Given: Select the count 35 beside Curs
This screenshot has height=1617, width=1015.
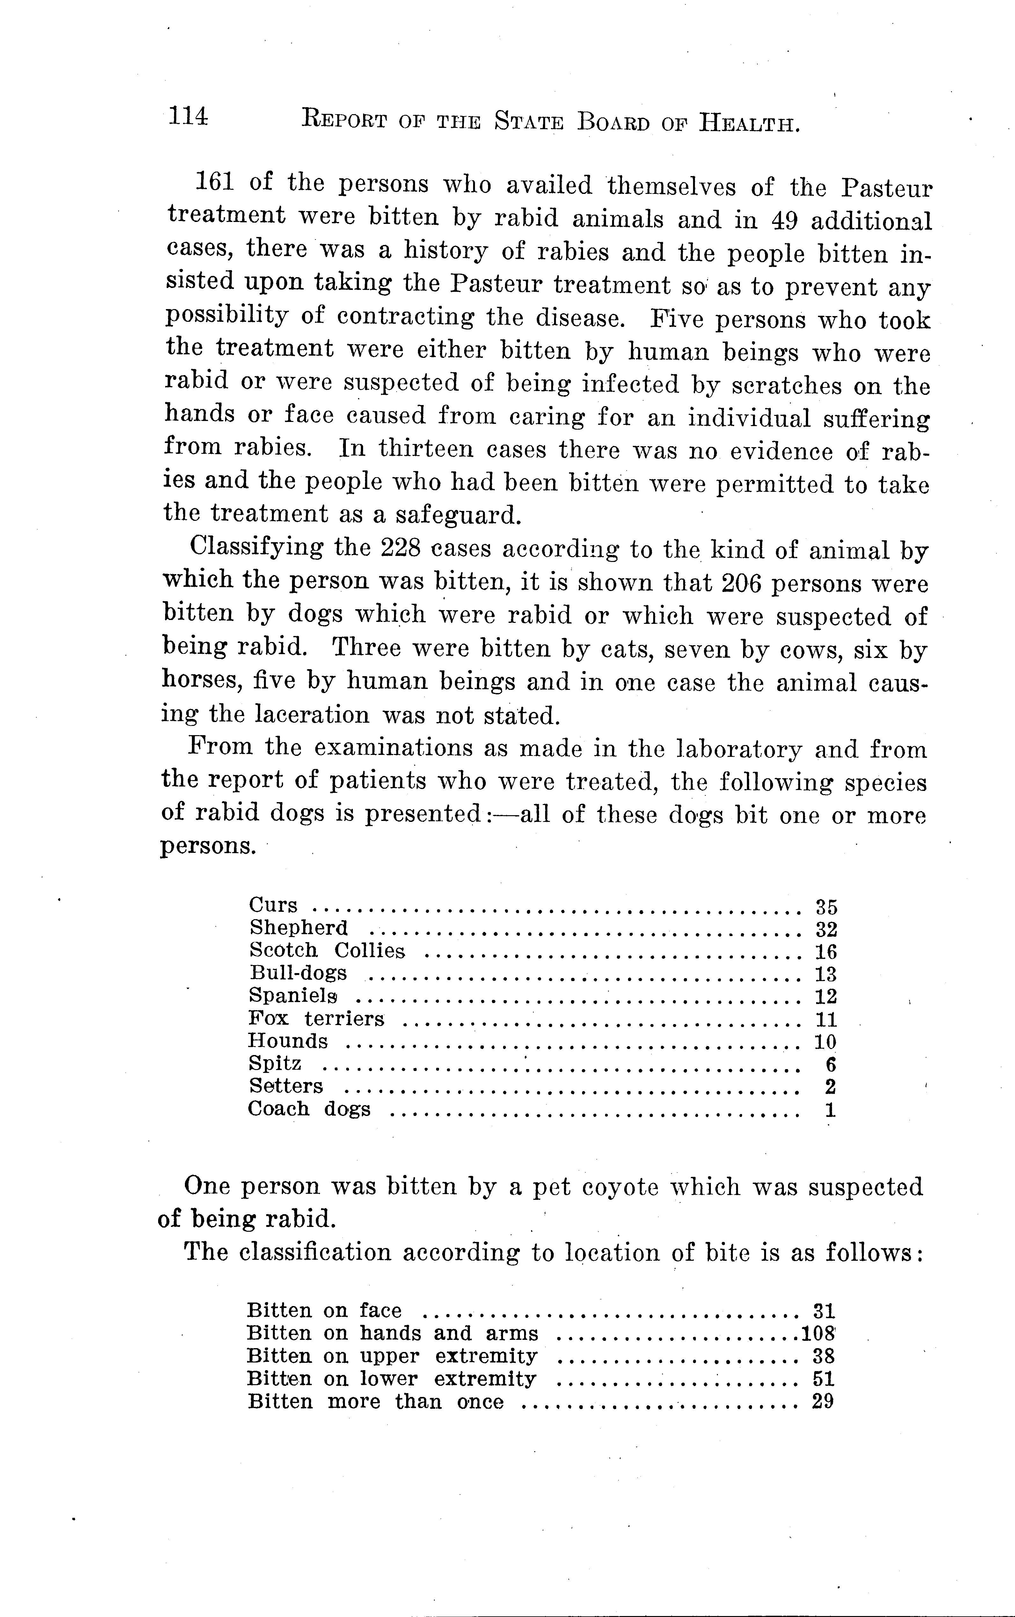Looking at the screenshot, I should tap(826, 907).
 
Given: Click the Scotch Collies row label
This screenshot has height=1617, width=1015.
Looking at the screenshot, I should tap(327, 951).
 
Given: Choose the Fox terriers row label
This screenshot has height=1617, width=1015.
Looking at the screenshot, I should tap(316, 1019).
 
